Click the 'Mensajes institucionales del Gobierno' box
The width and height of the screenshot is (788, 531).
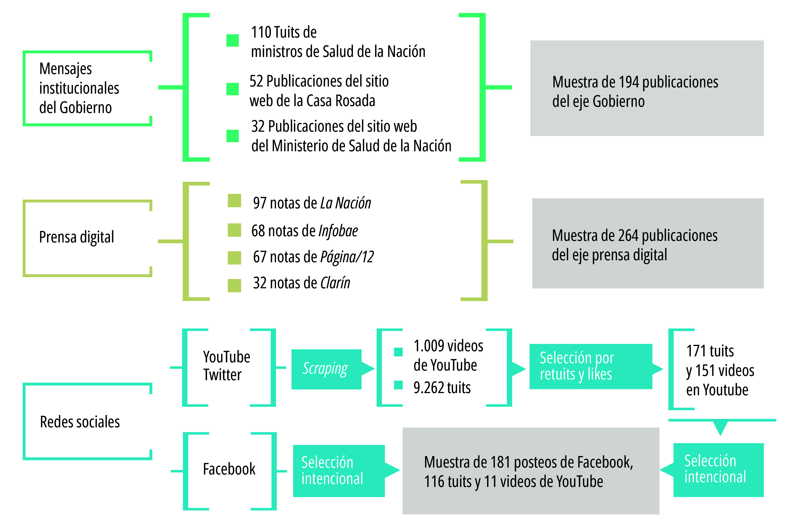pos(87,88)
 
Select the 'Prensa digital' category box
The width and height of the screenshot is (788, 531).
pos(87,238)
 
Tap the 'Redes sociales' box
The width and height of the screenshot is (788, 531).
pos(87,422)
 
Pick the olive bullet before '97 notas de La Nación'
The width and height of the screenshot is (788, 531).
pos(234,200)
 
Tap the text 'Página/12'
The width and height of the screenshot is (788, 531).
pos(347,257)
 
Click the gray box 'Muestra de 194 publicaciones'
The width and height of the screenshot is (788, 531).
pos(647,88)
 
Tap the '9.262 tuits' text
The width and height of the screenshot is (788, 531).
pos(442,388)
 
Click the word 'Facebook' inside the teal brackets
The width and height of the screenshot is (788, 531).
pos(229,469)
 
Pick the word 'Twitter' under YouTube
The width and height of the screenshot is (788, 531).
pos(222,375)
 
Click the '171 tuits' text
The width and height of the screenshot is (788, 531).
pos(710,351)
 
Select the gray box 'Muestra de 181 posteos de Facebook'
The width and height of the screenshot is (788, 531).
pos(530,471)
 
